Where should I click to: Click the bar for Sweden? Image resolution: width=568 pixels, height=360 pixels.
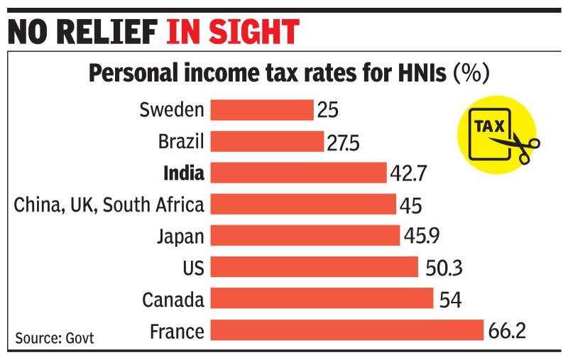pyautogui.click(x=263, y=110)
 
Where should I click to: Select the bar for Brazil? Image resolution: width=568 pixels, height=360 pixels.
pyautogui.click(x=268, y=141)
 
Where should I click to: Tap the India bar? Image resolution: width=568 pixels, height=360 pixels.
pyautogui.click(x=299, y=173)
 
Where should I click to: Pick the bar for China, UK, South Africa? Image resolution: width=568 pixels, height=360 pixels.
pyautogui.click(x=304, y=204)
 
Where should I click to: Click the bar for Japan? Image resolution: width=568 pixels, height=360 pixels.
pyautogui.click(x=305, y=236)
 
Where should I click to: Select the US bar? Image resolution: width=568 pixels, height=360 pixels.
pyautogui.click(x=315, y=267)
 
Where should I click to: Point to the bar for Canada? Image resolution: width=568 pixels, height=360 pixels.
pyautogui.click(x=322, y=298)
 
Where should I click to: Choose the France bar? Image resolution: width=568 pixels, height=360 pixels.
pyautogui.click(x=347, y=330)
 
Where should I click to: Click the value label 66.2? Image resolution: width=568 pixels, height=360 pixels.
pyautogui.click(x=508, y=332)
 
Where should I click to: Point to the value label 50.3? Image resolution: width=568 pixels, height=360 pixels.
pyautogui.click(x=442, y=268)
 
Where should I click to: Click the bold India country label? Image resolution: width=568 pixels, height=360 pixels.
pyautogui.click(x=183, y=173)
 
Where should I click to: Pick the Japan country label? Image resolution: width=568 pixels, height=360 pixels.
pyautogui.click(x=181, y=236)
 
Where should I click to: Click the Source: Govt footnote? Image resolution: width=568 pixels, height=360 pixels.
pyautogui.click(x=53, y=337)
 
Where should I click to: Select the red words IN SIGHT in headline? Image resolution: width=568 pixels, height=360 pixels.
pyautogui.click(x=232, y=32)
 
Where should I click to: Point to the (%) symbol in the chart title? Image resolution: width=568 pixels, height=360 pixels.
pyautogui.click(x=472, y=75)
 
